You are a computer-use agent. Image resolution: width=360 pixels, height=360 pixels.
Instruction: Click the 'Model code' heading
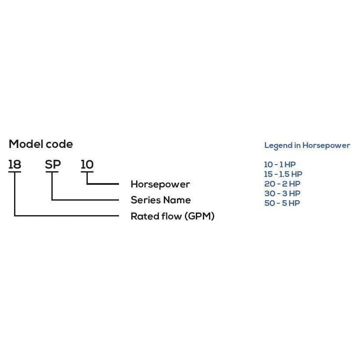pyautogui.click(x=41, y=144)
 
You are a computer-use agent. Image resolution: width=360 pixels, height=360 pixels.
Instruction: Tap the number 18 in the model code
pyautogui.click(x=14, y=165)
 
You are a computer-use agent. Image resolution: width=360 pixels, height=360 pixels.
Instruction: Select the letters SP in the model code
pyautogui.click(x=53, y=165)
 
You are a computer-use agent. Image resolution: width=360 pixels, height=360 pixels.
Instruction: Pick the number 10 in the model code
pyautogui.click(x=87, y=165)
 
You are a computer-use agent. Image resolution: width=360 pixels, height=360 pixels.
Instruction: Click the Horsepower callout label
pyautogui.click(x=160, y=184)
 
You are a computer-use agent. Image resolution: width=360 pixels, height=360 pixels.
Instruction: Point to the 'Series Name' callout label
pyautogui.click(x=161, y=200)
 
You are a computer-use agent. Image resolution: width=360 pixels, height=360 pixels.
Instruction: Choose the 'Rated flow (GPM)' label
pyautogui.click(x=173, y=216)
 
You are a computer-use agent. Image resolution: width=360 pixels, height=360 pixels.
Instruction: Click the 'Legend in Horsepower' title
pyautogui.click(x=307, y=145)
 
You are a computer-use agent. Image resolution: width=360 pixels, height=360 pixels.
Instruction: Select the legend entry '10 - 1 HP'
pyautogui.click(x=280, y=165)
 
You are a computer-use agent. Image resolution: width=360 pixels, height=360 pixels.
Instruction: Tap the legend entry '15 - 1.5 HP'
pyautogui.click(x=283, y=174)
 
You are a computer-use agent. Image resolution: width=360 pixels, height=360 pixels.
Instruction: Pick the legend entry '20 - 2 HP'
pyautogui.click(x=282, y=184)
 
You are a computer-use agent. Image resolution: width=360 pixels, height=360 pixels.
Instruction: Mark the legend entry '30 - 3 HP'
pyautogui.click(x=282, y=193)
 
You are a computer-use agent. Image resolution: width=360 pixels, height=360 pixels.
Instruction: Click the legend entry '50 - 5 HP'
pyautogui.click(x=282, y=203)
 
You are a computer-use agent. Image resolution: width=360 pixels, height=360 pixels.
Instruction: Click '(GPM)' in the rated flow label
pyautogui.click(x=199, y=216)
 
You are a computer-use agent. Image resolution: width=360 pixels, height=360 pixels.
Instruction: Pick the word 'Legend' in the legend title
pyautogui.click(x=278, y=145)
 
